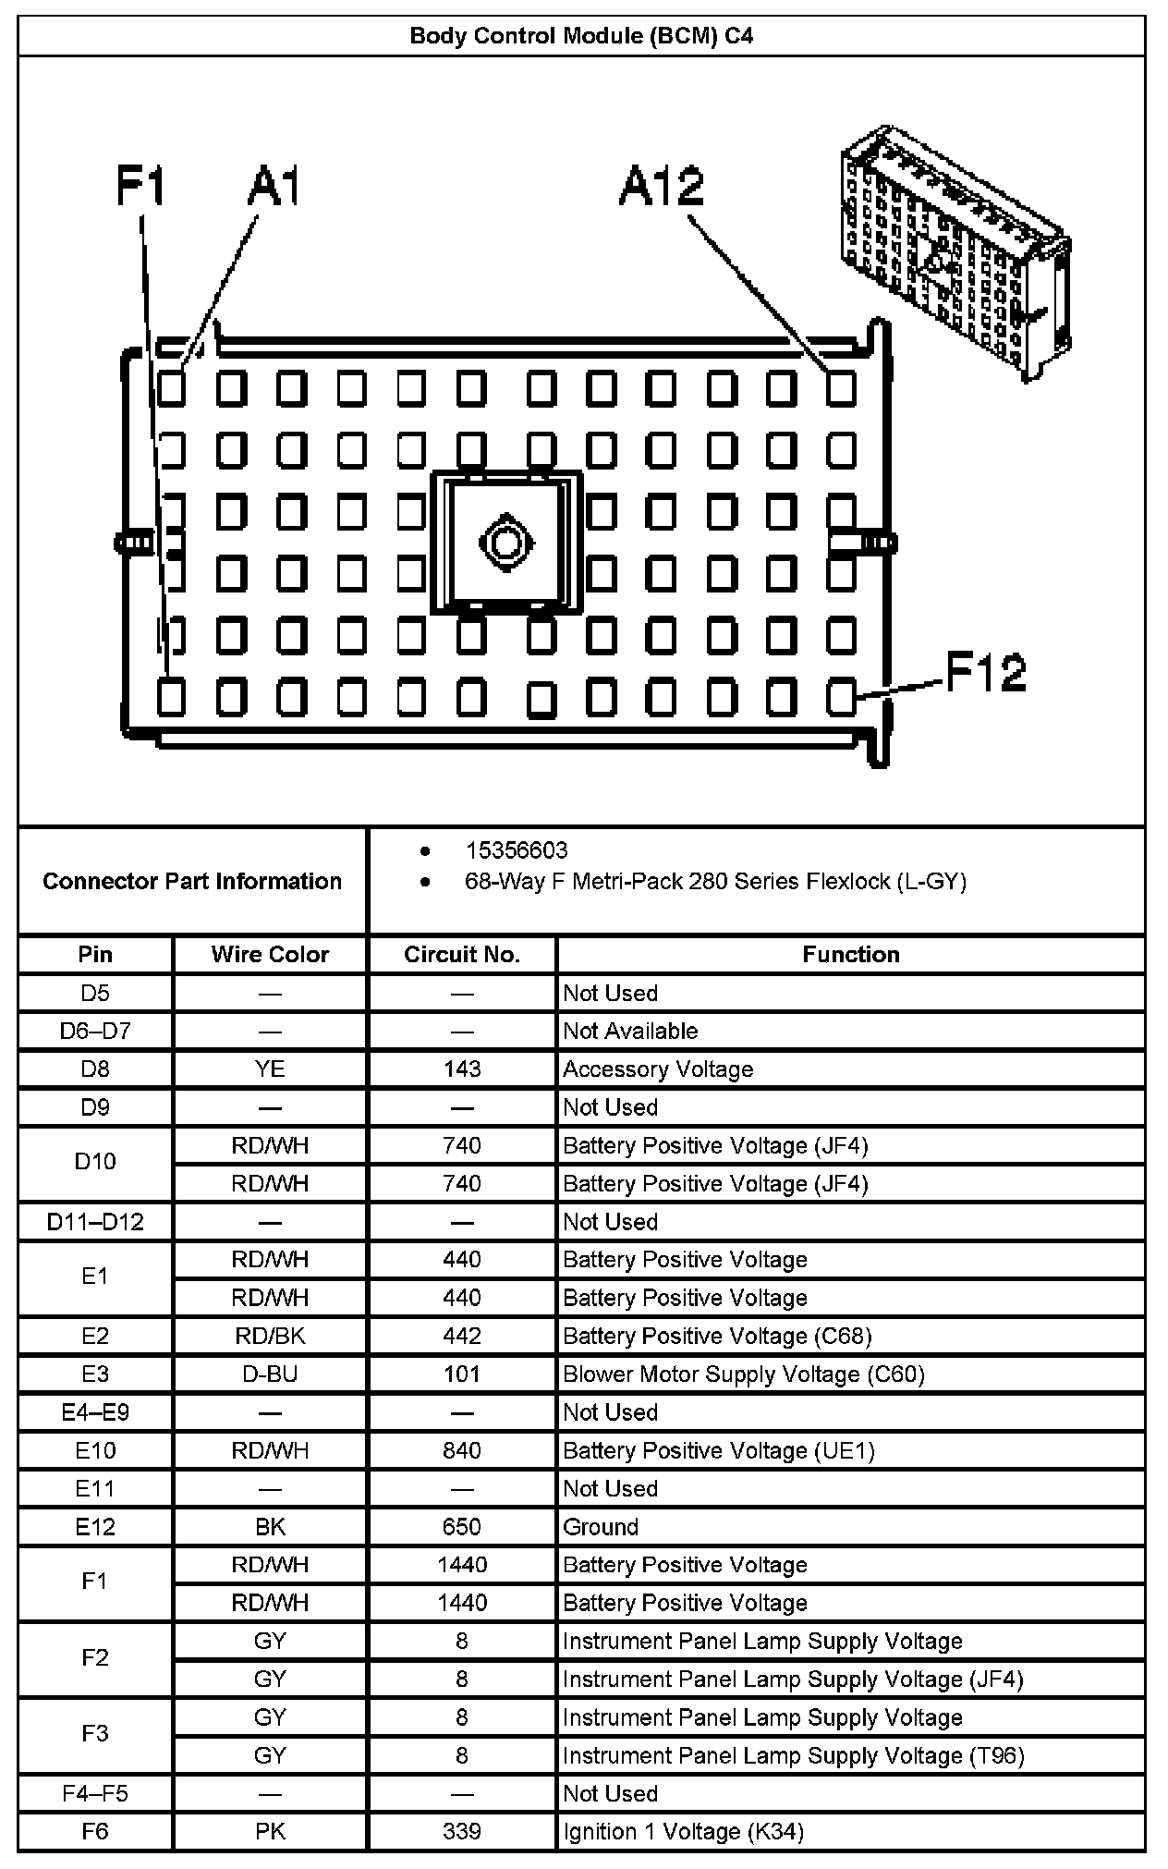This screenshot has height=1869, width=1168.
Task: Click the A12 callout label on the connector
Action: point(662,187)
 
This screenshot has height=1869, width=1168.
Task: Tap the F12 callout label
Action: point(986,672)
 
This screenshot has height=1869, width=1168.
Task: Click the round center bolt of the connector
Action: point(505,543)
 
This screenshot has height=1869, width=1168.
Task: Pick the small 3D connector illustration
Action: point(955,251)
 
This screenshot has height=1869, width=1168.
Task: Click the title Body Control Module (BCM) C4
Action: point(581,36)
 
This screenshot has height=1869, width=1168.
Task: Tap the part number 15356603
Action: point(516,850)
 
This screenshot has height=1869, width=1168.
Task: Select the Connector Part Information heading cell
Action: point(192,881)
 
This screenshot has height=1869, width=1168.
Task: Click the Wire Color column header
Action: point(270,955)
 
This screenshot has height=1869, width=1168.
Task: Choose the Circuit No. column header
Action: point(462,955)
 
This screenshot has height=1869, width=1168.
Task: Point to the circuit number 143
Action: point(462,1069)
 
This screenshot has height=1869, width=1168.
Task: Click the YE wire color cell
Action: point(270,1069)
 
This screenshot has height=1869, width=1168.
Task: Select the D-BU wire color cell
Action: point(270,1374)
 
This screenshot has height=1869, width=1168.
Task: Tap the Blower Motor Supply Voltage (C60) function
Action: point(744,1374)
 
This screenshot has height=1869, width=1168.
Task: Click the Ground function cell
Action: point(601,1527)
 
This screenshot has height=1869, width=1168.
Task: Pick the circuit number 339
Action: point(462,1831)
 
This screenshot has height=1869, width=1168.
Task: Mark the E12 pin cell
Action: point(95,1527)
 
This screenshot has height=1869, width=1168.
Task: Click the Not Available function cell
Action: point(630,1032)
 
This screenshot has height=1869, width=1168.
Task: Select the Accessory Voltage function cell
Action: point(658,1069)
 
